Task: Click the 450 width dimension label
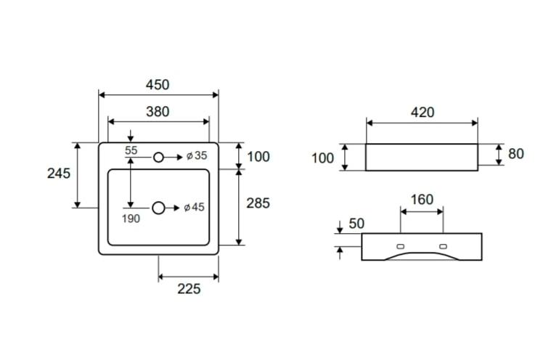pyautogui.click(x=158, y=85)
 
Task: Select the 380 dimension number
pyautogui.click(x=158, y=112)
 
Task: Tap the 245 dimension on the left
pyautogui.click(x=59, y=174)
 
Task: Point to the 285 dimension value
pyautogui.click(x=258, y=203)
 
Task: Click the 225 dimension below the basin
pyautogui.click(x=189, y=289)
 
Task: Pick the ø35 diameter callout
pyautogui.click(x=197, y=156)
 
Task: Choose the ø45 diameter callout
pyautogui.click(x=195, y=207)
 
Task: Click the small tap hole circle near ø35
pyautogui.click(x=158, y=158)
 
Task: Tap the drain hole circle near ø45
pyautogui.click(x=158, y=208)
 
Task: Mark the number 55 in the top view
pyautogui.click(x=131, y=150)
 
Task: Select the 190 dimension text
pyautogui.click(x=131, y=219)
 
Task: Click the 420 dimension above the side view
pyautogui.click(x=423, y=113)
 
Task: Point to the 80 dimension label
pyautogui.click(x=516, y=154)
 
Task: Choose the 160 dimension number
pyautogui.click(x=422, y=200)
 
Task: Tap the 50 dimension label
pyautogui.click(x=356, y=224)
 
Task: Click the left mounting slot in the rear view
pyautogui.click(x=400, y=246)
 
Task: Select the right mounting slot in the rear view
pyautogui.click(x=443, y=246)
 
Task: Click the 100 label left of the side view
pyautogui.click(x=322, y=158)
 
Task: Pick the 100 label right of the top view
pyautogui.click(x=258, y=157)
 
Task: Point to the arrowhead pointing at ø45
pyautogui.click(x=176, y=208)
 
